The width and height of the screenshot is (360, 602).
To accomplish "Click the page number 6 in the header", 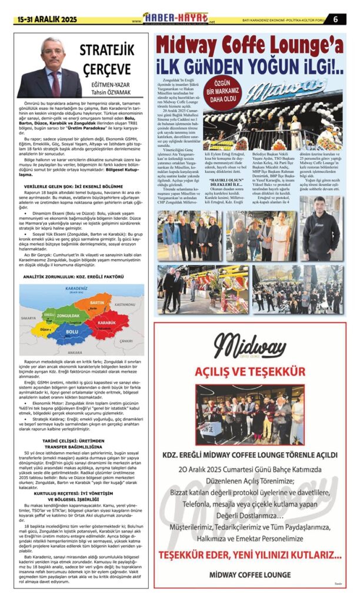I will point(335,18).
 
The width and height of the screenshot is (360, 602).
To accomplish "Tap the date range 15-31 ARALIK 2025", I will point(38,18).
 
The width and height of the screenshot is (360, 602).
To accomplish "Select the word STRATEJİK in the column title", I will point(113,49).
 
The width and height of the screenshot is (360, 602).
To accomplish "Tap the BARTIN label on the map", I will point(96,302).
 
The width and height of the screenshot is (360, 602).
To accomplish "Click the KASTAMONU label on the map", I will point(124,305).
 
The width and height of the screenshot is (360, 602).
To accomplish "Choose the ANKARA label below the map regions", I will point(74,352).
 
